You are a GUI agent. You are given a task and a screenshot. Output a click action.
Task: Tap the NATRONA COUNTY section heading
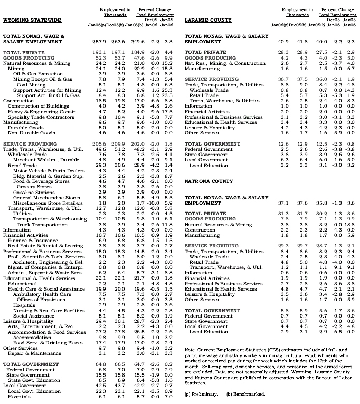point(209,181)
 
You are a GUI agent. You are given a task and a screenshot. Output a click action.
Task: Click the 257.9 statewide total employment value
point(99,41)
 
